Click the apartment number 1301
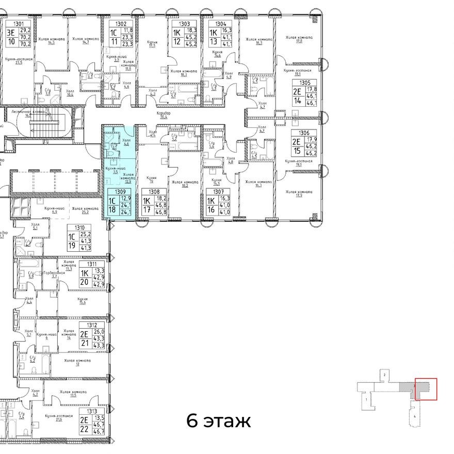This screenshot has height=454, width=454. (19, 24)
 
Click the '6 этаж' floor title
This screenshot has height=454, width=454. (218, 421)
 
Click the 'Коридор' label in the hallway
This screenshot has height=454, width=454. (165, 112)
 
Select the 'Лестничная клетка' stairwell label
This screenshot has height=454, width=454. (33, 111)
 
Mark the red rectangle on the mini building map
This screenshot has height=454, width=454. (426, 389)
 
